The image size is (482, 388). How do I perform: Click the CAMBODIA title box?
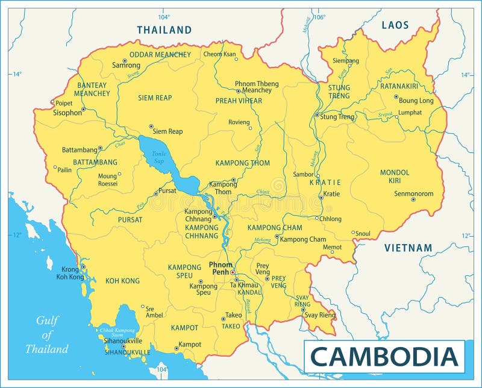point(384,357)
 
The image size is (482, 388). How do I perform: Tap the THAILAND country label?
point(164,30)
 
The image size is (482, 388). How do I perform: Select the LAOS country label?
point(395,25)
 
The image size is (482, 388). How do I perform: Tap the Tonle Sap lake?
point(158,157)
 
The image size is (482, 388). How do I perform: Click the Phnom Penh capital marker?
point(233,272)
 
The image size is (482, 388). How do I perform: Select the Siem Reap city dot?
point(151,127)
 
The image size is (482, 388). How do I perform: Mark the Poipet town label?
point(64,103)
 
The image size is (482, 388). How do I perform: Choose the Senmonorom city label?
point(413,193)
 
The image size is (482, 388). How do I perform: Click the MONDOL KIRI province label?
point(395,176)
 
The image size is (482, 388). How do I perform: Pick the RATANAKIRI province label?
point(407,86)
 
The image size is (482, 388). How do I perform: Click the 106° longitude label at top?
point(319,17)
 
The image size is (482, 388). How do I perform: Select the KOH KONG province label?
point(122,281)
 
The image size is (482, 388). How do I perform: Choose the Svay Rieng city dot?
point(302,309)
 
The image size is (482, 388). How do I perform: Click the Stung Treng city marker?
point(316,115)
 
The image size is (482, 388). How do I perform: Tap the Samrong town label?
point(126,66)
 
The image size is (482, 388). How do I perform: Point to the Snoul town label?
point(363,233)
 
